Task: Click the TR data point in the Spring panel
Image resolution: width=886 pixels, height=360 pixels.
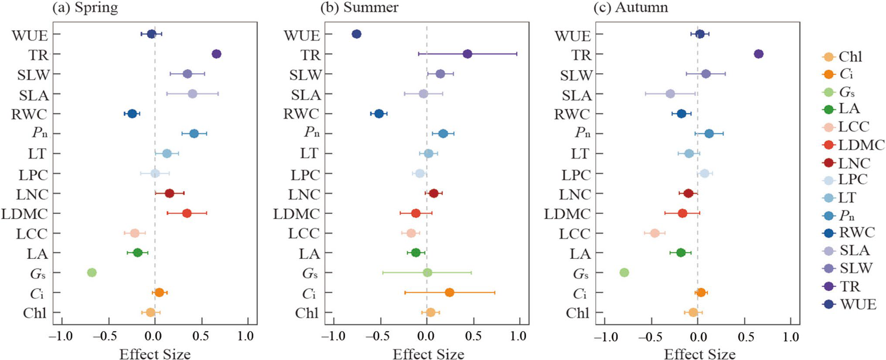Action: tap(216, 54)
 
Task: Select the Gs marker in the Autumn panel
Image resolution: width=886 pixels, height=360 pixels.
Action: tap(624, 273)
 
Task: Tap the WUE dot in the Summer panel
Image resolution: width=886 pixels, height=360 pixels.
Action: tap(356, 34)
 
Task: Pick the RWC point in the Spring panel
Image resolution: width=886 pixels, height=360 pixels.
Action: tap(132, 114)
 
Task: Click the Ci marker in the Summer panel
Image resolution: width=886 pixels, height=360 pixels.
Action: tap(449, 292)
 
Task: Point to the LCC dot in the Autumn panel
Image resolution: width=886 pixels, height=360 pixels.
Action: tap(654, 233)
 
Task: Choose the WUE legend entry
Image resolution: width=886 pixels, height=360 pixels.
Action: tap(850, 304)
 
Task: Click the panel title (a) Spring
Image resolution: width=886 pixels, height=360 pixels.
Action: tap(85, 7)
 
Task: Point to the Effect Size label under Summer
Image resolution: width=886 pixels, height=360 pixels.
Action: tap(428, 354)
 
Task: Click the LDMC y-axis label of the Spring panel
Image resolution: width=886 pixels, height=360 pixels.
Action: tap(24, 214)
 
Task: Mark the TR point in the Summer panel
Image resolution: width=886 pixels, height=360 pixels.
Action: tap(467, 54)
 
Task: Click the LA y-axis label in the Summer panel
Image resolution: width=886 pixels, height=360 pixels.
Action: tap(309, 254)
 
